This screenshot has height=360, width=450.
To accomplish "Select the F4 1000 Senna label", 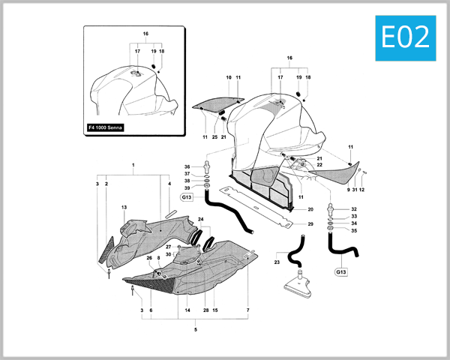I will (106, 127).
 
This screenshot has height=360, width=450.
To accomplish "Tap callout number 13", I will (124, 207).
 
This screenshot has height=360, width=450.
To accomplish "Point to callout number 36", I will (187, 166).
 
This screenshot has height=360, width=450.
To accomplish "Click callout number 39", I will (187, 188).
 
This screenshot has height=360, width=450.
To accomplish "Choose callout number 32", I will (354, 209).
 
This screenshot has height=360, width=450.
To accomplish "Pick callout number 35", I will (354, 230).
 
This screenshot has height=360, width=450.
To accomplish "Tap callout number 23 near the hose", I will (276, 262).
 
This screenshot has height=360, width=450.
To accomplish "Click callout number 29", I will (310, 224).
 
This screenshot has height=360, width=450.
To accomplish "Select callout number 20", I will (310, 209).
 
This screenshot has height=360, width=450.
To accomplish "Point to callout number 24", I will (200, 219).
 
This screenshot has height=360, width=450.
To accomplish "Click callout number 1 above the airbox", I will (133, 164).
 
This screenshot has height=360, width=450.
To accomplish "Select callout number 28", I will (205, 310).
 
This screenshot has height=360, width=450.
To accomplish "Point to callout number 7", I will (247, 310).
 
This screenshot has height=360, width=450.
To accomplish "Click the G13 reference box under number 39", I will (187, 198).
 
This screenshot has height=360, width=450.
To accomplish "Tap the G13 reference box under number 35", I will (340, 271).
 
